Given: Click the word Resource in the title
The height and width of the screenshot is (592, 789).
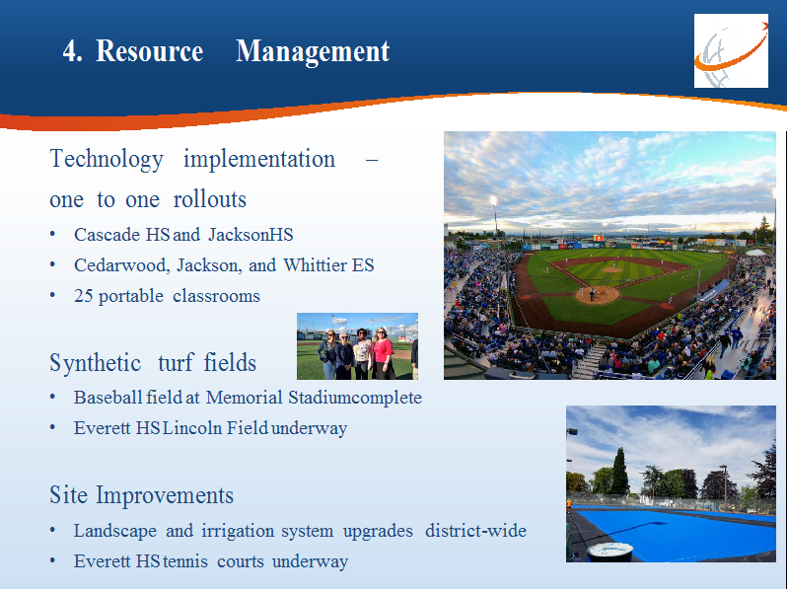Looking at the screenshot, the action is click(x=149, y=51).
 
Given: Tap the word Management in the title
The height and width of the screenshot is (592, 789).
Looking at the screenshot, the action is click(x=313, y=52).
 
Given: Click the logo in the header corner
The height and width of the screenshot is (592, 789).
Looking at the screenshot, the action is click(x=731, y=51).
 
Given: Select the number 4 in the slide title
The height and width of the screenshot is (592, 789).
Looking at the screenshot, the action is click(x=72, y=51).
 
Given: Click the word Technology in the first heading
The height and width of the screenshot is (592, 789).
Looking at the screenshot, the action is click(x=107, y=160).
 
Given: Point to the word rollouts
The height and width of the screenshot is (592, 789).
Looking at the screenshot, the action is click(x=210, y=199).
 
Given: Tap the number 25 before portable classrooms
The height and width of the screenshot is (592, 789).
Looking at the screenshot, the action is click(x=83, y=296).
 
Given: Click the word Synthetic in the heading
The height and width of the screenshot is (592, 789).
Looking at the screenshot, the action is click(x=95, y=363).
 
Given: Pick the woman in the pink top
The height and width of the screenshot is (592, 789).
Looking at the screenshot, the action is click(x=384, y=353).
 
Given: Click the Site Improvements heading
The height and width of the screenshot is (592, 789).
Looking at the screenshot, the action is click(x=141, y=495).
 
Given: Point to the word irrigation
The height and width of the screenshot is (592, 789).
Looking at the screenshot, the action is click(x=238, y=531).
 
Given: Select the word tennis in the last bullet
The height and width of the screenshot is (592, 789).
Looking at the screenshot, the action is click(x=182, y=561).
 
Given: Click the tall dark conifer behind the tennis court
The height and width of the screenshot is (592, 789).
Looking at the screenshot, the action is click(x=619, y=472).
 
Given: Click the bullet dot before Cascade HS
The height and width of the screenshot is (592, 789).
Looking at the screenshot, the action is click(x=52, y=235).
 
